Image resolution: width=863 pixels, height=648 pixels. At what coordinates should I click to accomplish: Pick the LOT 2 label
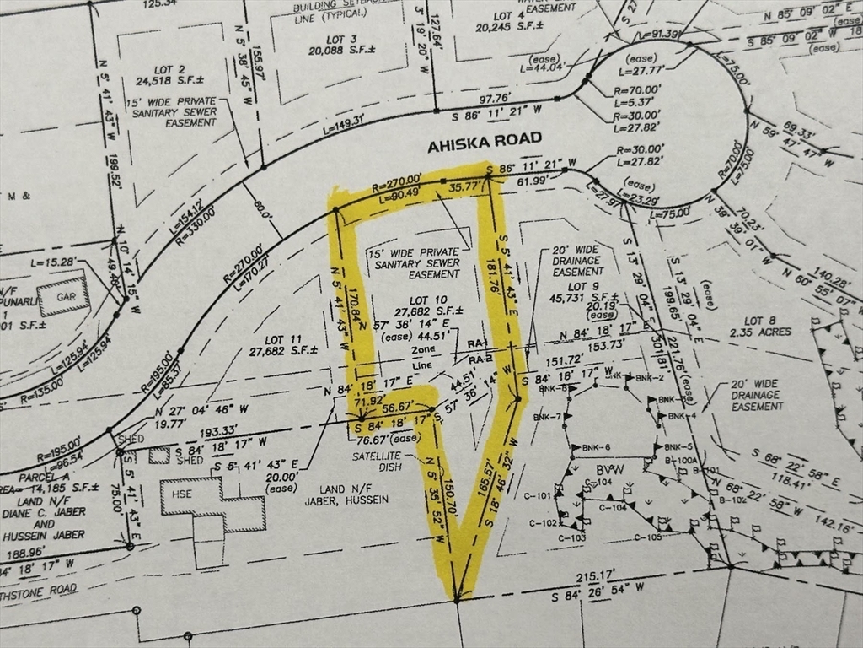coord(169,70)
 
